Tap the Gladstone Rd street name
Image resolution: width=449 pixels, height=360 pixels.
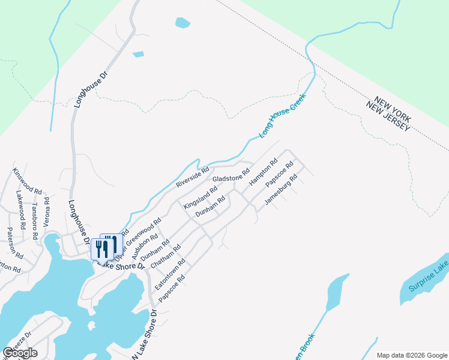[231, 176]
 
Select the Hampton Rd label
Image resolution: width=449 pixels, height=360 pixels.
[264, 172]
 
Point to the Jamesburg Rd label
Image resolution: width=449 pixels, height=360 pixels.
[281, 189]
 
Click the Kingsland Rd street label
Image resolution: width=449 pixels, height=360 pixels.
[200, 197]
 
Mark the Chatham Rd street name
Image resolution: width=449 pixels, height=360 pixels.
[165, 257]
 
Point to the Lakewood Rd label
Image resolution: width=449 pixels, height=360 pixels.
[22, 208]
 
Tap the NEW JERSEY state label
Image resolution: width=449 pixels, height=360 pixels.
[388, 117]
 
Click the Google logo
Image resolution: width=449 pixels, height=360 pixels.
[20, 352]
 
